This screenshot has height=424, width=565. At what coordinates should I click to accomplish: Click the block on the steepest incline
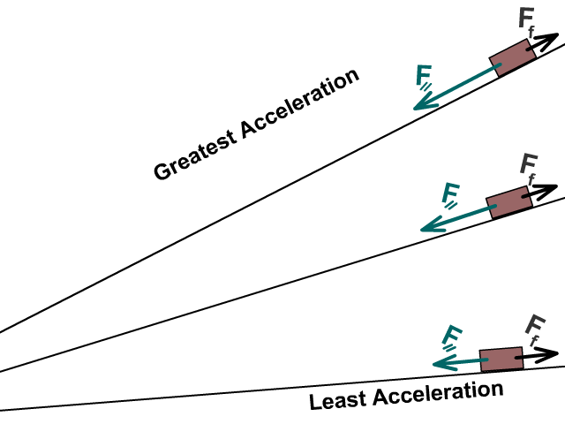pyautogui.click(x=513, y=57)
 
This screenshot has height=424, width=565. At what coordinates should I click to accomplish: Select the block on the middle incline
pyautogui.click(x=508, y=201)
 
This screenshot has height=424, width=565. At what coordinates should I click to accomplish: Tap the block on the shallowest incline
pyautogui.click(x=501, y=360)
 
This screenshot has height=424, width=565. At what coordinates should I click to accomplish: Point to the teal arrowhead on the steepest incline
pyautogui.click(x=423, y=104)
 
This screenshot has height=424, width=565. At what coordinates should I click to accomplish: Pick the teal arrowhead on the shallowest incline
pyautogui.click(x=439, y=363)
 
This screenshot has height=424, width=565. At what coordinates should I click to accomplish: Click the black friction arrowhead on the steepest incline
pyautogui.click(x=551, y=41)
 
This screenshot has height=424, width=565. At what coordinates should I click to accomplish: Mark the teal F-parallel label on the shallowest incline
pyautogui.click(x=453, y=337)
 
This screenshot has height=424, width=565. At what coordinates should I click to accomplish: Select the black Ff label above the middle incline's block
pyautogui.click(x=530, y=166)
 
